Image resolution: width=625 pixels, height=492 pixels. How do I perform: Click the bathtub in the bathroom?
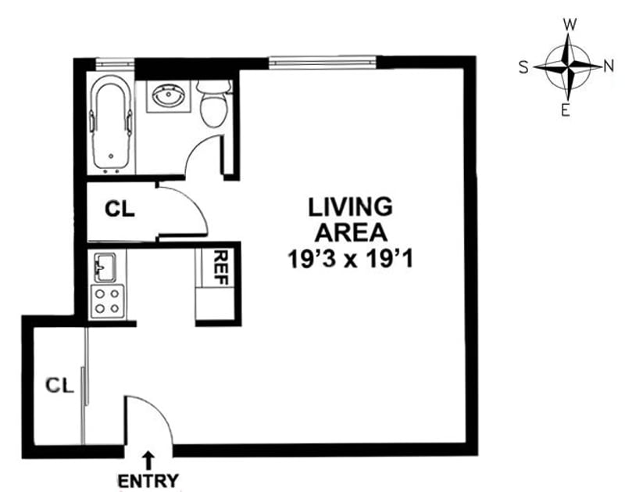click(112, 125)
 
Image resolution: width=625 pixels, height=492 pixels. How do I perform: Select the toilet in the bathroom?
click(212, 106)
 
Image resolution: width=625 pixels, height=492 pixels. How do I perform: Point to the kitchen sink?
click(105, 268)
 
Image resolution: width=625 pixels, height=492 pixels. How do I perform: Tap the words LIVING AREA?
click(349, 220)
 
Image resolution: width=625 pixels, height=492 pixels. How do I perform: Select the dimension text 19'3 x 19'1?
click(349, 257)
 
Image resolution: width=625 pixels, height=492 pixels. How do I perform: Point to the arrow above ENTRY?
click(148, 459)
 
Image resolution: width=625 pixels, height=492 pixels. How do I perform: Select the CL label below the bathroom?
click(120, 210)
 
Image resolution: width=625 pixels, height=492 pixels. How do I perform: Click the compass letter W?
click(570, 24)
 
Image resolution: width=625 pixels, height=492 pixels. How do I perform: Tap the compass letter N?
click(608, 66)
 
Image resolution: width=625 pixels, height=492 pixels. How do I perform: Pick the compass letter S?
click(523, 67)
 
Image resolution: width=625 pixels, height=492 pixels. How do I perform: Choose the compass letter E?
click(565, 110)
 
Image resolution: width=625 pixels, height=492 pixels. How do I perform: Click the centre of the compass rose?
click(568, 67)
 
